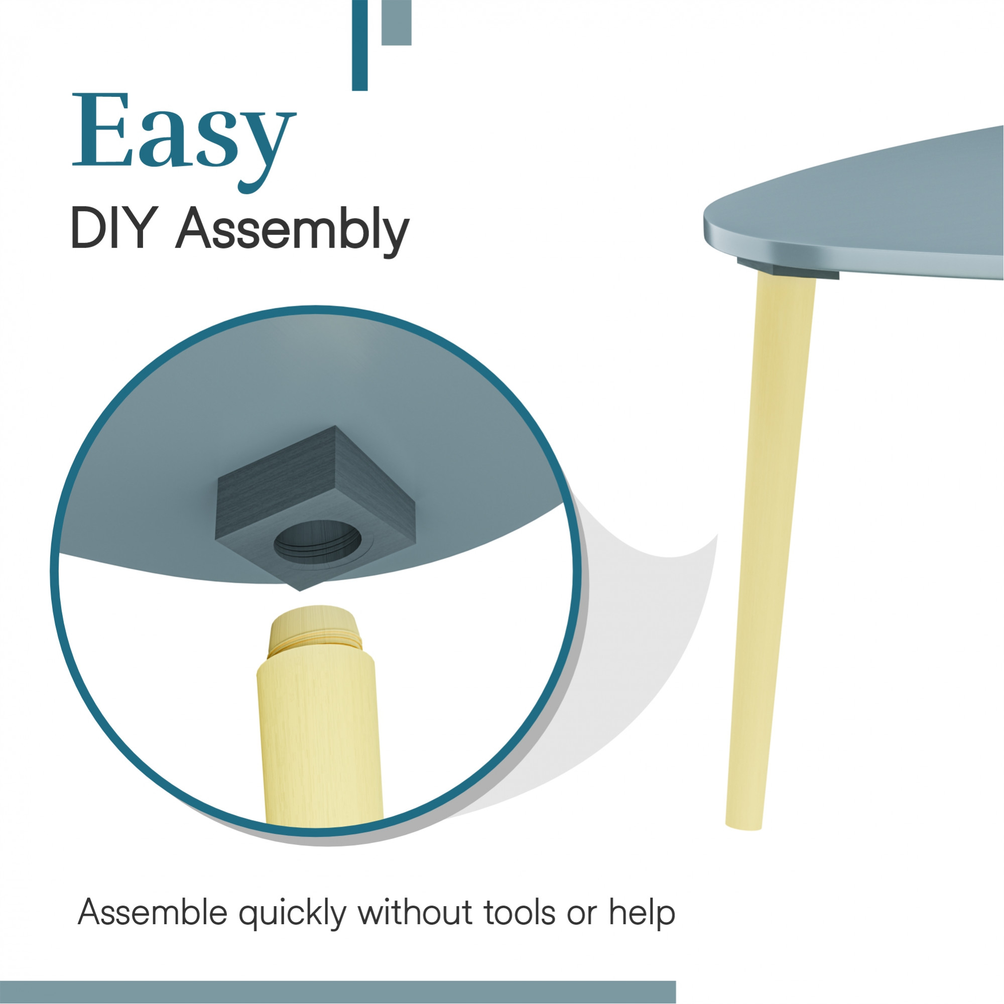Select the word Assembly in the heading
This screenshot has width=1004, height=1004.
point(293,232)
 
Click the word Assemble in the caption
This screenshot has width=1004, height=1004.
point(152,912)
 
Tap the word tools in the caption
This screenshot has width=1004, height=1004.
point(520,912)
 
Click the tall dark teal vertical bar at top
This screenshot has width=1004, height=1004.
point(359,45)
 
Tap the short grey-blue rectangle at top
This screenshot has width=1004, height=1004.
point(397,23)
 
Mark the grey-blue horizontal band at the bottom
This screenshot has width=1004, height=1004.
point(338,992)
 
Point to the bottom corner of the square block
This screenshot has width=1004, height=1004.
point(300,590)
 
